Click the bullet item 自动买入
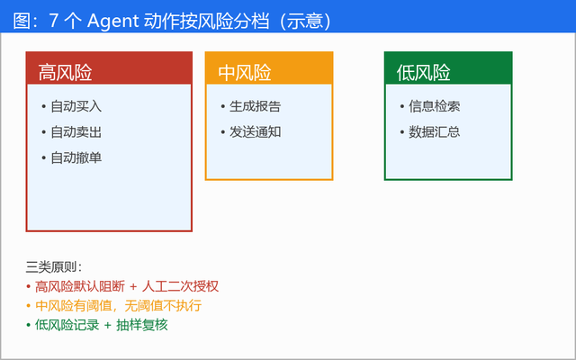[76, 106]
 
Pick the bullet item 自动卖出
[76, 132]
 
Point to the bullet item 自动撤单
[76, 158]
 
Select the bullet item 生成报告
[256, 106]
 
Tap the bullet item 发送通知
[256, 132]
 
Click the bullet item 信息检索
[434, 106]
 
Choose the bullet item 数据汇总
[434, 132]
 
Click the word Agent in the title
[112, 22]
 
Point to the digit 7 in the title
[54, 21]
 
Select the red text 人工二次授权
[180, 286]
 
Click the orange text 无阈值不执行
[163, 306]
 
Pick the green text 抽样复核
[142, 325]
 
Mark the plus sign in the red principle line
[133, 287]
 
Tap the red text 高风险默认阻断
[80, 286]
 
